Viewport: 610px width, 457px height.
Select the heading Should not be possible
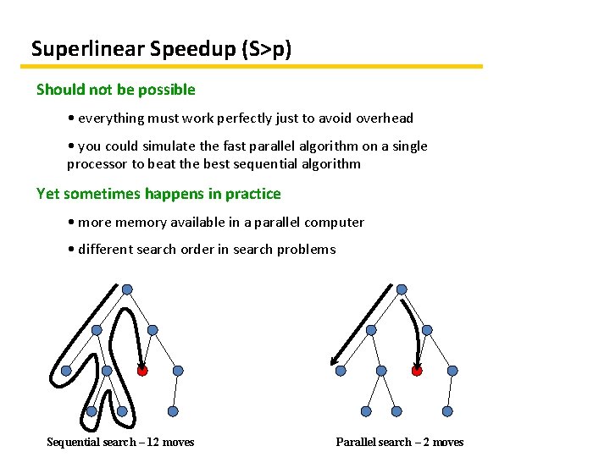(116, 90)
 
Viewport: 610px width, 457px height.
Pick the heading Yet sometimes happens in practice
(158, 194)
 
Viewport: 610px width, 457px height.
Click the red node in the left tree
(142, 371)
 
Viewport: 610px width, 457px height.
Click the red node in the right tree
(417, 371)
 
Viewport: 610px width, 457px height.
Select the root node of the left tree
(127, 289)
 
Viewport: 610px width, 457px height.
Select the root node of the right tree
(402, 289)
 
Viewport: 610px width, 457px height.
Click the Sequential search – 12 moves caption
(120, 442)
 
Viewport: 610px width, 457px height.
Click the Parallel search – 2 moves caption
(400, 442)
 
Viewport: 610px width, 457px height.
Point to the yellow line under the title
(254, 66)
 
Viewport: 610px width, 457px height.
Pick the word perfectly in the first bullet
(227, 118)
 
